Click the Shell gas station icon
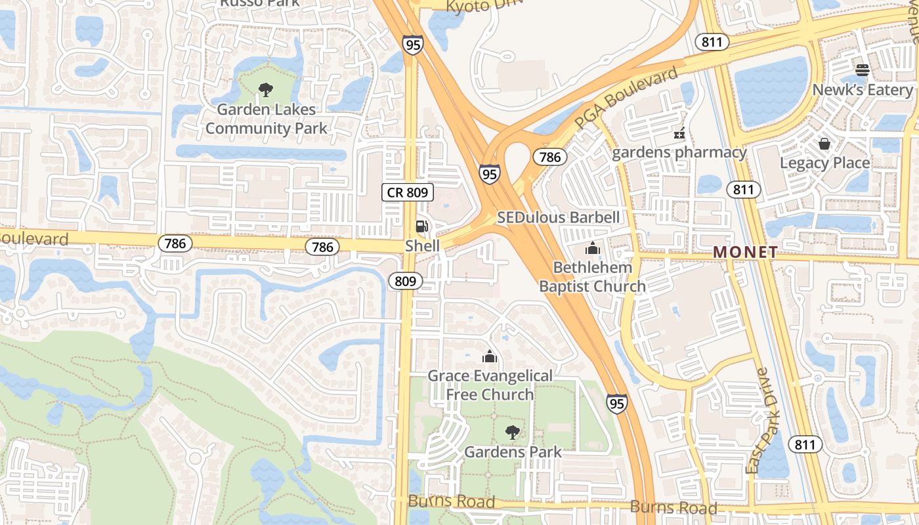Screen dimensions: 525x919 (x=422, y=227)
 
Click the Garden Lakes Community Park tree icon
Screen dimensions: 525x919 (x=266, y=89)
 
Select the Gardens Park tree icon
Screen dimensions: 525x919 (x=513, y=432)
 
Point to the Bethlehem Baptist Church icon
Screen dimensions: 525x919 (x=593, y=248)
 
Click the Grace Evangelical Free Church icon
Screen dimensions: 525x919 (x=490, y=356)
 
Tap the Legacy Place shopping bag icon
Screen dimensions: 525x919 (x=824, y=143)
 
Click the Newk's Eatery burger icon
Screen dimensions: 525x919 (x=863, y=70)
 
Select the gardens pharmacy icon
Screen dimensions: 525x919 (x=679, y=133)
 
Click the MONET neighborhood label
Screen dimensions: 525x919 (x=745, y=252)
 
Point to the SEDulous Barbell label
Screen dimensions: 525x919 (x=558, y=217)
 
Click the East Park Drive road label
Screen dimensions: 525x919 (x=761, y=420)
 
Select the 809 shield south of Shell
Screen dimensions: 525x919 (x=406, y=282)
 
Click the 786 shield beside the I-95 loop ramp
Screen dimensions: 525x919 (x=549, y=157)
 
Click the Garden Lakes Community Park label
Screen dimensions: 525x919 (x=266, y=119)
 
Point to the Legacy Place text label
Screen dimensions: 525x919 (x=824, y=163)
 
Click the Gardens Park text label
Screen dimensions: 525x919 (x=513, y=452)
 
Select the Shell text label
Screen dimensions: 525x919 (x=422, y=245)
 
